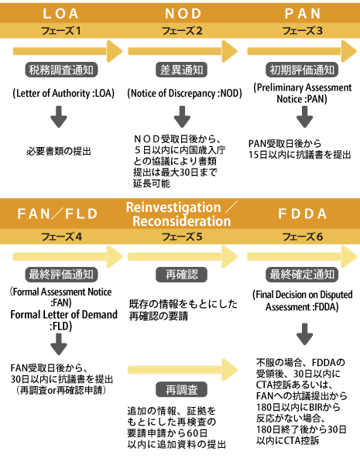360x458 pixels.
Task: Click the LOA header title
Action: click(x=60, y=13)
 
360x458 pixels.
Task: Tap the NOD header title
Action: click(x=183, y=13)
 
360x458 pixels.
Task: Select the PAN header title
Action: click(x=303, y=13)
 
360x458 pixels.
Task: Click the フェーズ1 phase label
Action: click(x=61, y=31)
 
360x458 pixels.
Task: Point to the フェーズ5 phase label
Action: click(x=182, y=237)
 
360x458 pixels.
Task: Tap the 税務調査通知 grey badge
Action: click(x=61, y=70)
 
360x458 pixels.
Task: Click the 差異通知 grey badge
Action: click(x=181, y=70)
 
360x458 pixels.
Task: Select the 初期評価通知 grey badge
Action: click(x=302, y=70)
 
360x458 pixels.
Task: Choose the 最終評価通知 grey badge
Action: click(x=61, y=275)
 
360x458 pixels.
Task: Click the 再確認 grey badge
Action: click(x=181, y=275)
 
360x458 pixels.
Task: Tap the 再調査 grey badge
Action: click(x=181, y=389)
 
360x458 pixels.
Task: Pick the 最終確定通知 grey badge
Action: click(x=302, y=275)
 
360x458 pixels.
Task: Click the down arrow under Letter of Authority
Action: click(x=59, y=117)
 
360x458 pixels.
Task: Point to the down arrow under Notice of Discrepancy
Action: click(x=182, y=117)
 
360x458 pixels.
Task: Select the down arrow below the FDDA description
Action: click(x=304, y=334)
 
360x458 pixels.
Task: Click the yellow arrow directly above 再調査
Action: click(x=183, y=370)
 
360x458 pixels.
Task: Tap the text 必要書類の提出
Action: click(x=59, y=152)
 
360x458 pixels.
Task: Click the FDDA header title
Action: click(x=303, y=214)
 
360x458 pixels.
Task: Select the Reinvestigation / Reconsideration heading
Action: click(x=182, y=214)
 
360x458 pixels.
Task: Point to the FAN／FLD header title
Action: click(x=57, y=214)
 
